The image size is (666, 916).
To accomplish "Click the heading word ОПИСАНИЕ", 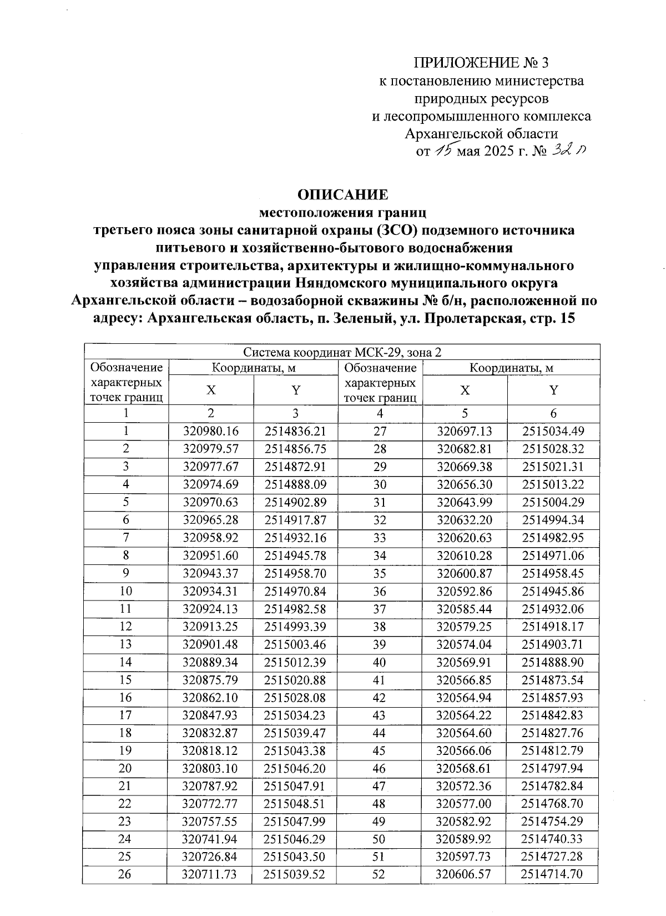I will coord(342,194).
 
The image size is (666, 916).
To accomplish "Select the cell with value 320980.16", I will coord(210,431).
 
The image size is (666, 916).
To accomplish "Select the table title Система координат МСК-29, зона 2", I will coord(342,353).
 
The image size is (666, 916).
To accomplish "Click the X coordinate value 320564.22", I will coord(464,715).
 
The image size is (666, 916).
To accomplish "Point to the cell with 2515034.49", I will coord(553,431).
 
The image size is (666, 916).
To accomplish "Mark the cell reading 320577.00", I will coord(464,804).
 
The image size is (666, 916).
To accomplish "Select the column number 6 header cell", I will coord(553,413).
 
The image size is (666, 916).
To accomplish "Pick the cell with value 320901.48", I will coord(210,644).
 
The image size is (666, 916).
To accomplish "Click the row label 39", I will coord(379,644).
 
